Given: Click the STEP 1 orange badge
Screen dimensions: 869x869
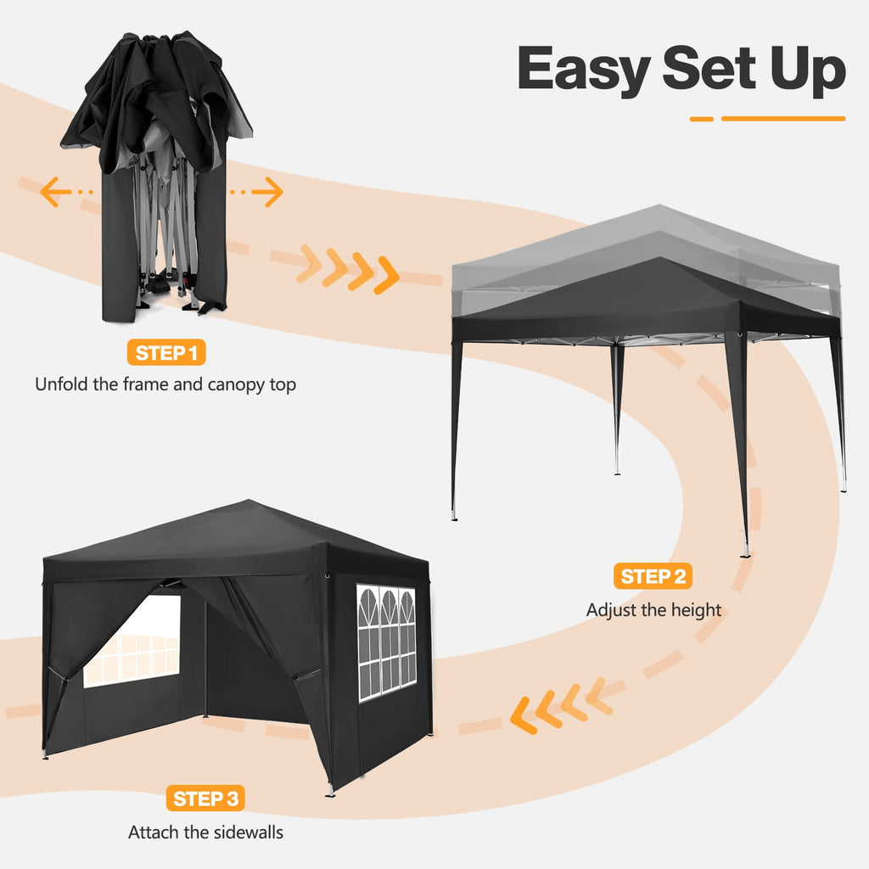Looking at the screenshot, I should pos(166,353).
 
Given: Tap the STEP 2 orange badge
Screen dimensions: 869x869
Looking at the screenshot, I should pos(653,577).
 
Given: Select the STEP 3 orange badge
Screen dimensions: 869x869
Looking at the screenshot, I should pos(205,799).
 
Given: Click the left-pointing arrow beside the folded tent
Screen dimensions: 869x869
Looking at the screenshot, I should pos(56,193).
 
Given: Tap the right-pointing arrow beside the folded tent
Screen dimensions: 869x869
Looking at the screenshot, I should pos(266,193).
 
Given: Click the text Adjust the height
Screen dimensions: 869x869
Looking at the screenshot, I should pos(653,609).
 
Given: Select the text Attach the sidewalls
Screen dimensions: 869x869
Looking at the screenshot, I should pos(205,832).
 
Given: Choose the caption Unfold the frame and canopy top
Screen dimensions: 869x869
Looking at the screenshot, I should pos(165,384).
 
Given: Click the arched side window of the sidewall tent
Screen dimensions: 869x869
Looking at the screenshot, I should pos(387,641).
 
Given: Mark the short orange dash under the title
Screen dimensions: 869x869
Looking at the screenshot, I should pos(702,119).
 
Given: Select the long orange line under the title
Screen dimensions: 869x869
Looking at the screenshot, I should pos(782,119).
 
